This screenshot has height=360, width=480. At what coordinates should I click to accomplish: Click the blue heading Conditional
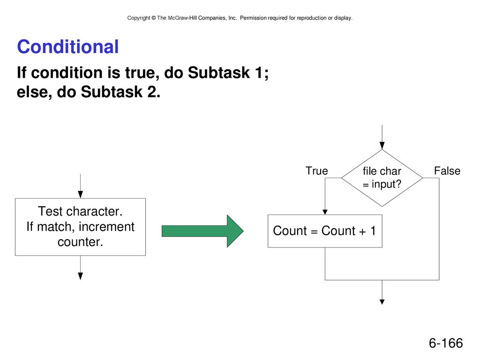(67, 47)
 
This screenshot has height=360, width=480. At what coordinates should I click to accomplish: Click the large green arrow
(202, 231)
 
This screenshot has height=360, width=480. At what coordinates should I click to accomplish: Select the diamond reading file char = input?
(382, 178)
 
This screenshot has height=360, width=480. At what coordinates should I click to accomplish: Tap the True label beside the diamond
(317, 171)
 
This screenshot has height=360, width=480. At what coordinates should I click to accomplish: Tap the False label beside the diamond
(447, 171)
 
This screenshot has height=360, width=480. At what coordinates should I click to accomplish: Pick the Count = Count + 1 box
(325, 231)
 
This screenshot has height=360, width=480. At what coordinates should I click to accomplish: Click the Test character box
(81, 227)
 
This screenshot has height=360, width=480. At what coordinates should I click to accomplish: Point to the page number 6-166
(446, 343)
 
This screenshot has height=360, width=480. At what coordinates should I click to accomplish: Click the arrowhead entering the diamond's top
(382, 146)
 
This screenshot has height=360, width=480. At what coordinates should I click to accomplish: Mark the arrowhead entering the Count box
(325, 212)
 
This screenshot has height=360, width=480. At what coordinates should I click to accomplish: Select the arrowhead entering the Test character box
(81, 195)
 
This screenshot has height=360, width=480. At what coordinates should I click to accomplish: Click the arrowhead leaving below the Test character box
(81, 276)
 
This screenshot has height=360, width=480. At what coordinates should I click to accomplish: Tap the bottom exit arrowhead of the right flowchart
(382, 302)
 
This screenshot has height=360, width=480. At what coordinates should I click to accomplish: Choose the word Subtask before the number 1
(219, 73)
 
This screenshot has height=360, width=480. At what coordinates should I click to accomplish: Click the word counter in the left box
(80, 242)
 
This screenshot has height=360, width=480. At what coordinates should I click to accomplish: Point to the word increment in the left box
(106, 227)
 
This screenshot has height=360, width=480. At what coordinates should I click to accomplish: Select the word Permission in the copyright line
(253, 18)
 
